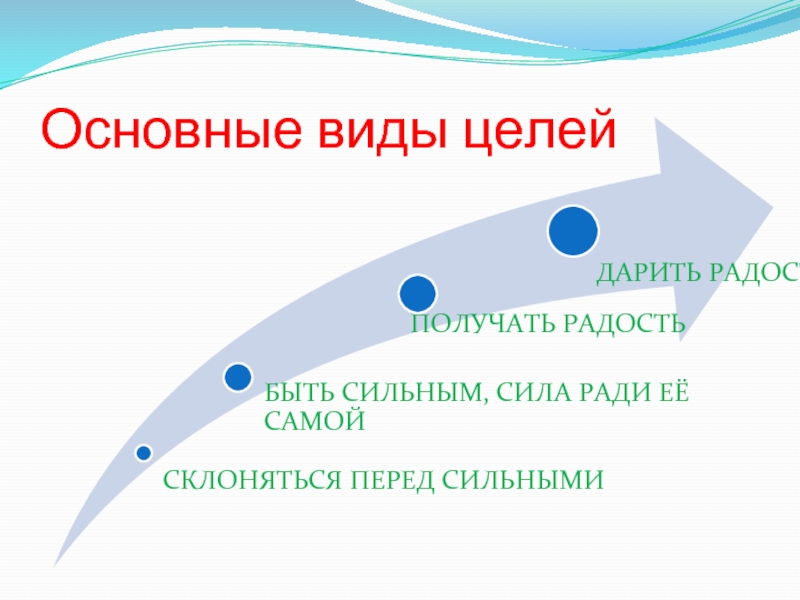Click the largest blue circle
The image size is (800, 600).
(x=573, y=229)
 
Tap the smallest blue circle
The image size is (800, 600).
(x=144, y=453)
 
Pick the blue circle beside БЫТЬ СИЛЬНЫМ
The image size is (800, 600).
(x=238, y=377)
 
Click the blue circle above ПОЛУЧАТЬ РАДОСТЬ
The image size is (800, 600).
(x=417, y=293)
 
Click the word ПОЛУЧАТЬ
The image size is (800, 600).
(x=480, y=323)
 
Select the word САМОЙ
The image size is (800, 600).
(x=313, y=422)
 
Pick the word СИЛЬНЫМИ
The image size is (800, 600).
(x=524, y=480)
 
